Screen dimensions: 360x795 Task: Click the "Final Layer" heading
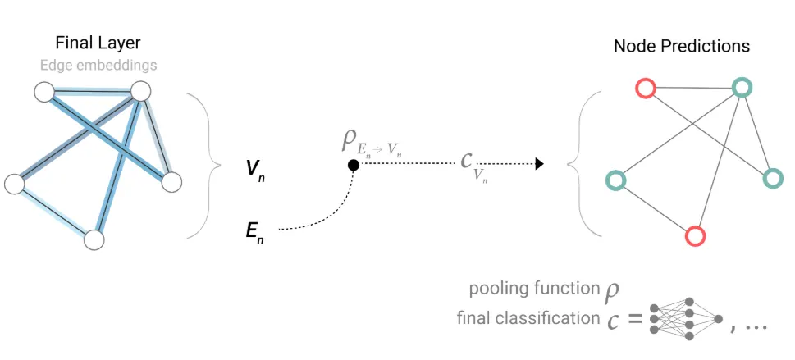[x=98, y=43]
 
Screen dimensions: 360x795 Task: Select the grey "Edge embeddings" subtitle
[x=98, y=65]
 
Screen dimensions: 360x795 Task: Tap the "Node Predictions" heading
[x=681, y=45]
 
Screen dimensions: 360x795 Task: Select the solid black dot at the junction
[x=353, y=165]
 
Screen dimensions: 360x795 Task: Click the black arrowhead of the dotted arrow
[x=539, y=164]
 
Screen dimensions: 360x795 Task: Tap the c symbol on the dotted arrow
[x=467, y=159]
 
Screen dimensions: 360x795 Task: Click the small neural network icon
[x=686, y=318]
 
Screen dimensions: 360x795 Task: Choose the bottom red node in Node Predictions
[x=695, y=236]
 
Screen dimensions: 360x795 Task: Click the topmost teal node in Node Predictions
[x=742, y=87]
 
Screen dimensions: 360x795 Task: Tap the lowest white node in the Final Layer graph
[x=94, y=239]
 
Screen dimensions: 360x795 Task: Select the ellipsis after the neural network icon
[x=755, y=326]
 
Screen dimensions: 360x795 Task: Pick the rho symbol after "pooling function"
[x=612, y=290]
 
